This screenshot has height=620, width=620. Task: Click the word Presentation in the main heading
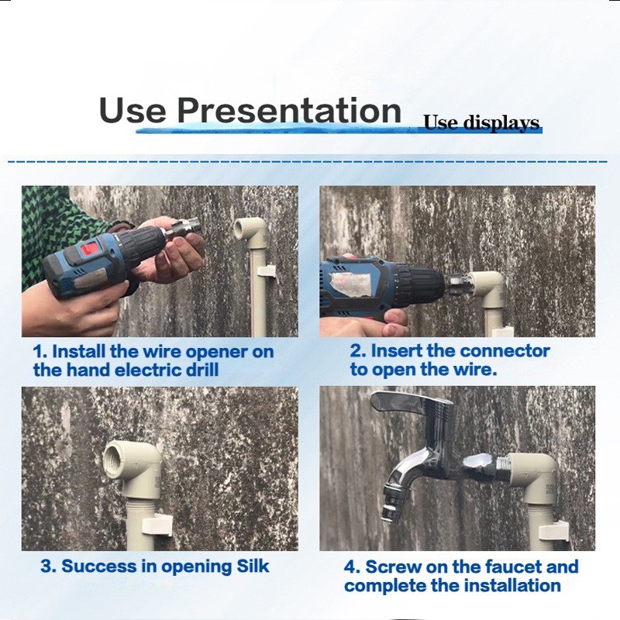point(289,110)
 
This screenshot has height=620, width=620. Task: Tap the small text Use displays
point(481,122)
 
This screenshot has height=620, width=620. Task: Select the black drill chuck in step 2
point(422,282)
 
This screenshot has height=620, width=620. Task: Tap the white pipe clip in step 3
point(157,525)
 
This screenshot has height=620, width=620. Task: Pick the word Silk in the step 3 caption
point(253,566)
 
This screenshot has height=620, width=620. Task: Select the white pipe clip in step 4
point(553,531)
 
